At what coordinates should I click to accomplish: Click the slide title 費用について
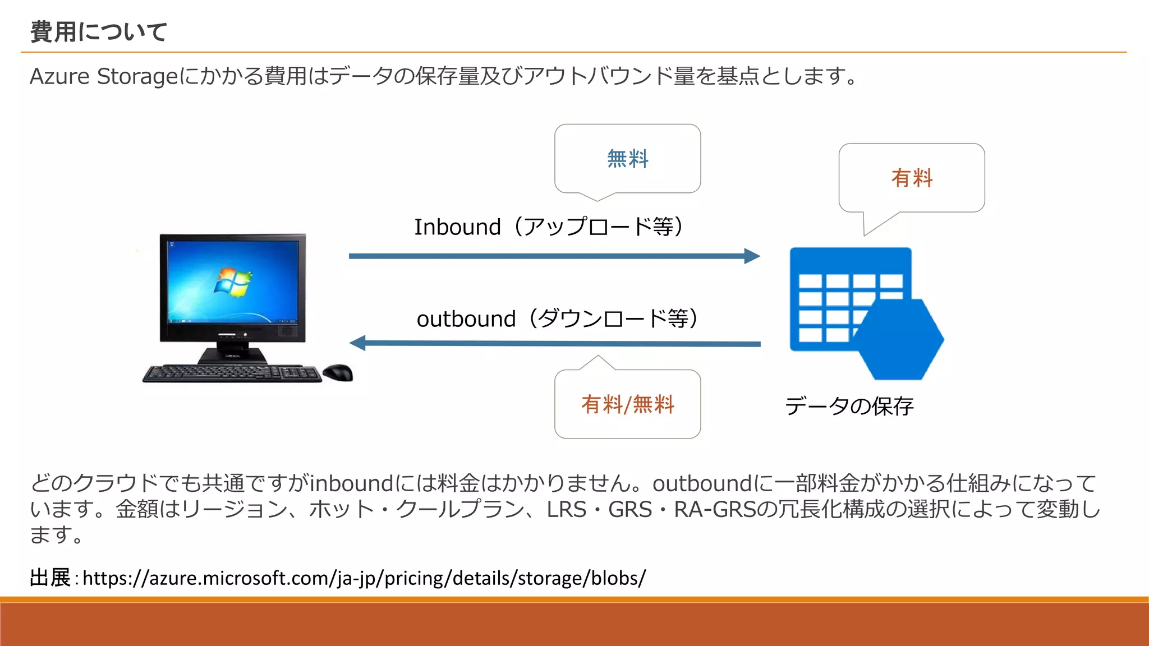tap(99, 32)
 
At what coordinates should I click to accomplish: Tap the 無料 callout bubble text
tap(627, 159)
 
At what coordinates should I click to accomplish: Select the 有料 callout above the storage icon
tap(912, 178)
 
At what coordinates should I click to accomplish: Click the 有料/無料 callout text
tap(627, 404)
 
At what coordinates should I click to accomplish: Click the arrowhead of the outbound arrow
tap(358, 343)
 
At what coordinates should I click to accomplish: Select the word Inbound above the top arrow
tap(457, 227)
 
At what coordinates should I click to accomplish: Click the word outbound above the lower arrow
tap(466, 319)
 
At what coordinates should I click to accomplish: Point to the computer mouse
tap(338, 372)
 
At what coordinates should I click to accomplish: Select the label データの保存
tap(849, 406)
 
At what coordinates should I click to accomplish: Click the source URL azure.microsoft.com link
tap(364, 578)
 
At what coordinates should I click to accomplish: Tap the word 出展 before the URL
tap(49, 578)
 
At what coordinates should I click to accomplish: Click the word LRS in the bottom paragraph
tap(566, 510)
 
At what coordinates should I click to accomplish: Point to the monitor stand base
tap(232, 356)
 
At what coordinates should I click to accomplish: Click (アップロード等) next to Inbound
tap(597, 227)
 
